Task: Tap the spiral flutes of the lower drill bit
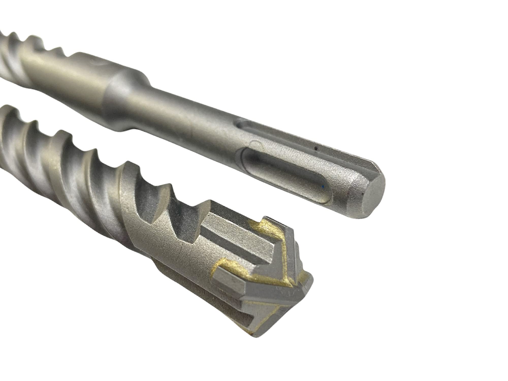(76, 163)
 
